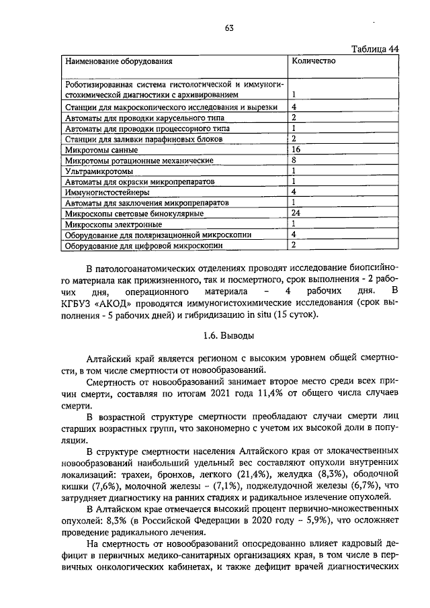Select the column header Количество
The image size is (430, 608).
[313, 61]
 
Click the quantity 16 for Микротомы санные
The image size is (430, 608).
[296, 149]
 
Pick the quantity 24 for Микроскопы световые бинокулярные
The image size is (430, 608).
[296, 213]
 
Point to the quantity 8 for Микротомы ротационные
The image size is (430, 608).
[294, 161]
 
